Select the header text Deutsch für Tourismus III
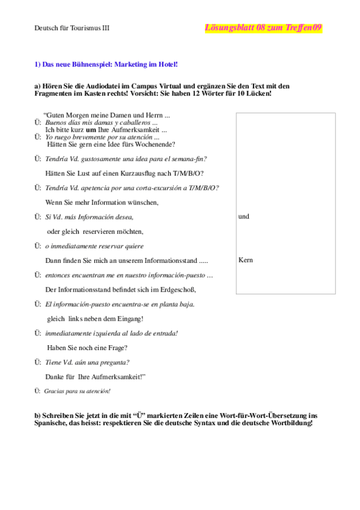tap(71, 28)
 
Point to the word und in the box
tap(243, 217)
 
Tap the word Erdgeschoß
tap(178, 289)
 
